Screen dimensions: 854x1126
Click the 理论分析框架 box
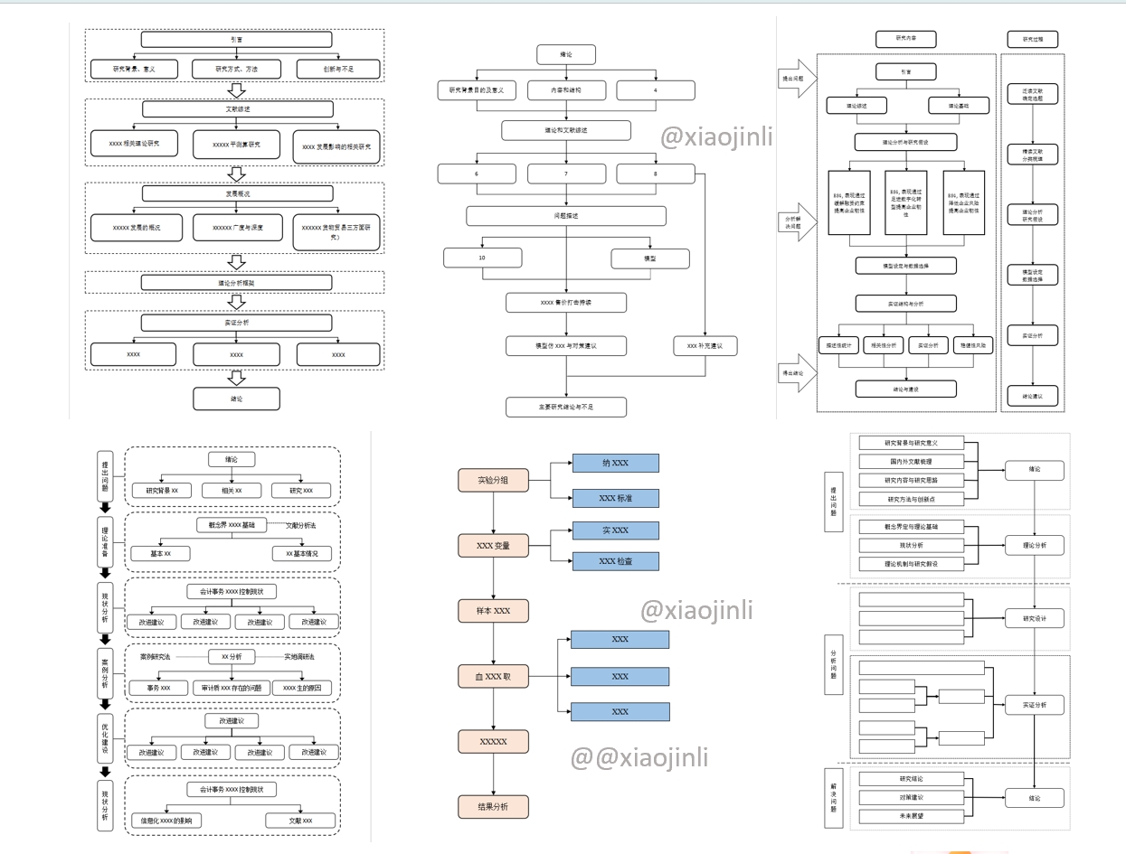[x=236, y=283]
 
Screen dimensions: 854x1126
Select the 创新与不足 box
[x=338, y=69]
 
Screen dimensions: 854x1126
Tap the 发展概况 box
[x=236, y=193]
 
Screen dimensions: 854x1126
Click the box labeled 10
[x=483, y=258]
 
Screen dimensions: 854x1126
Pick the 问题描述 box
[x=566, y=216]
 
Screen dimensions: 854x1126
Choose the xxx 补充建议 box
[x=705, y=345]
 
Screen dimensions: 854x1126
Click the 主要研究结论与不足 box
[x=566, y=407]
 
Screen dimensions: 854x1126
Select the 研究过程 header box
[x=1032, y=40]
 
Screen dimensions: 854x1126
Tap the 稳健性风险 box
[x=975, y=345]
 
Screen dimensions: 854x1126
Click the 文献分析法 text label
[x=301, y=525]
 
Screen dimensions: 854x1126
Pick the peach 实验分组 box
[x=493, y=481]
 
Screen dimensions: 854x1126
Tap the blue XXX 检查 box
[x=615, y=561]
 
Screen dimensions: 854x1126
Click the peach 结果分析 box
[x=493, y=807]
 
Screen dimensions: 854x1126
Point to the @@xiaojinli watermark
[x=639, y=757]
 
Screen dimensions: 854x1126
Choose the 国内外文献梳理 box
[x=912, y=462]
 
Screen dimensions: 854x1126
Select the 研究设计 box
[x=1034, y=619]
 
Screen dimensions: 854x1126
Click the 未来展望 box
[x=912, y=816]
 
